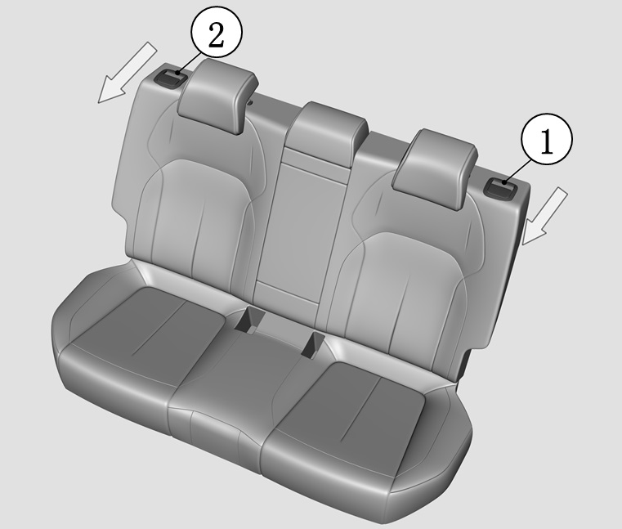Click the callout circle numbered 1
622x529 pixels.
[x=547, y=138]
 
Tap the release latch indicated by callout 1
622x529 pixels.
[x=500, y=187]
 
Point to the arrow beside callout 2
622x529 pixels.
[x=127, y=73]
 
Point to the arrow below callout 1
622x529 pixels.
[x=544, y=217]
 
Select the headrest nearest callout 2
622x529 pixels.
[x=217, y=95]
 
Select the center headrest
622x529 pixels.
[x=328, y=133]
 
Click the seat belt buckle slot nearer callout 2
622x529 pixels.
[x=249, y=320]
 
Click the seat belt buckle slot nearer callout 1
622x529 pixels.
[x=313, y=343]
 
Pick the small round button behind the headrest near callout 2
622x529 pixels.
[x=250, y=103]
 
